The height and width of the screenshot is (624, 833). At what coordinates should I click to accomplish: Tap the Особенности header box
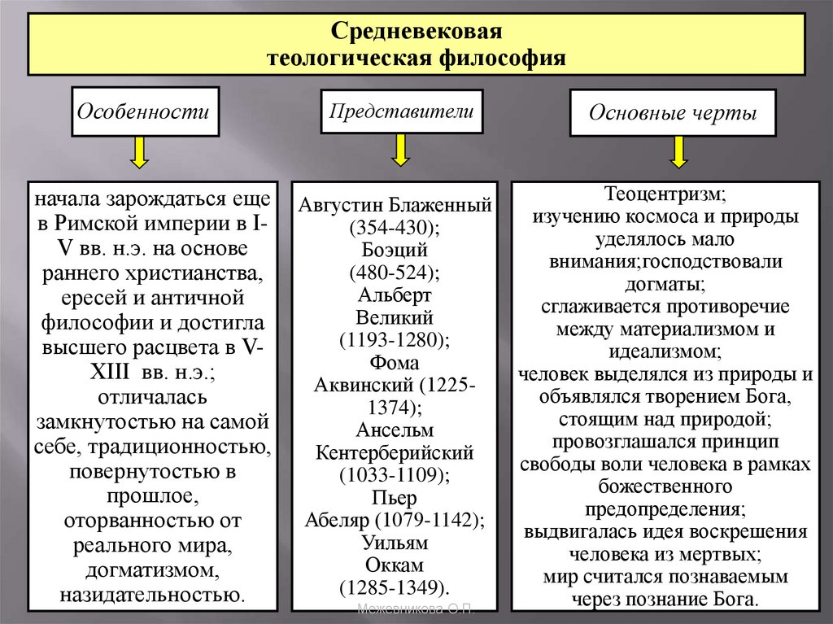146,111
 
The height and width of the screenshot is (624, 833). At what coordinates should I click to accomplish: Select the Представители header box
401,111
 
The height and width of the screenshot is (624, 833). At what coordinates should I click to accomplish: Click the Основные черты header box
672,113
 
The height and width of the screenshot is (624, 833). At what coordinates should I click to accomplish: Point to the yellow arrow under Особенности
141,152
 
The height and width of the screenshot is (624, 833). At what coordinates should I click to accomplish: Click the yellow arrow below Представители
400,149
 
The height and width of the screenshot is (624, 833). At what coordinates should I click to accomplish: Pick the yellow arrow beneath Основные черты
678,152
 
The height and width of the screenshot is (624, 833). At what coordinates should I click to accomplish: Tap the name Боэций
394,249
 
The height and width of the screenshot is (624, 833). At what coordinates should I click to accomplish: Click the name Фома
394,361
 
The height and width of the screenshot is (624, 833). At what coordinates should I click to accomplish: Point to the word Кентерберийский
395,451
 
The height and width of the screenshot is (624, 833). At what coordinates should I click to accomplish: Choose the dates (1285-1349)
395,586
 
